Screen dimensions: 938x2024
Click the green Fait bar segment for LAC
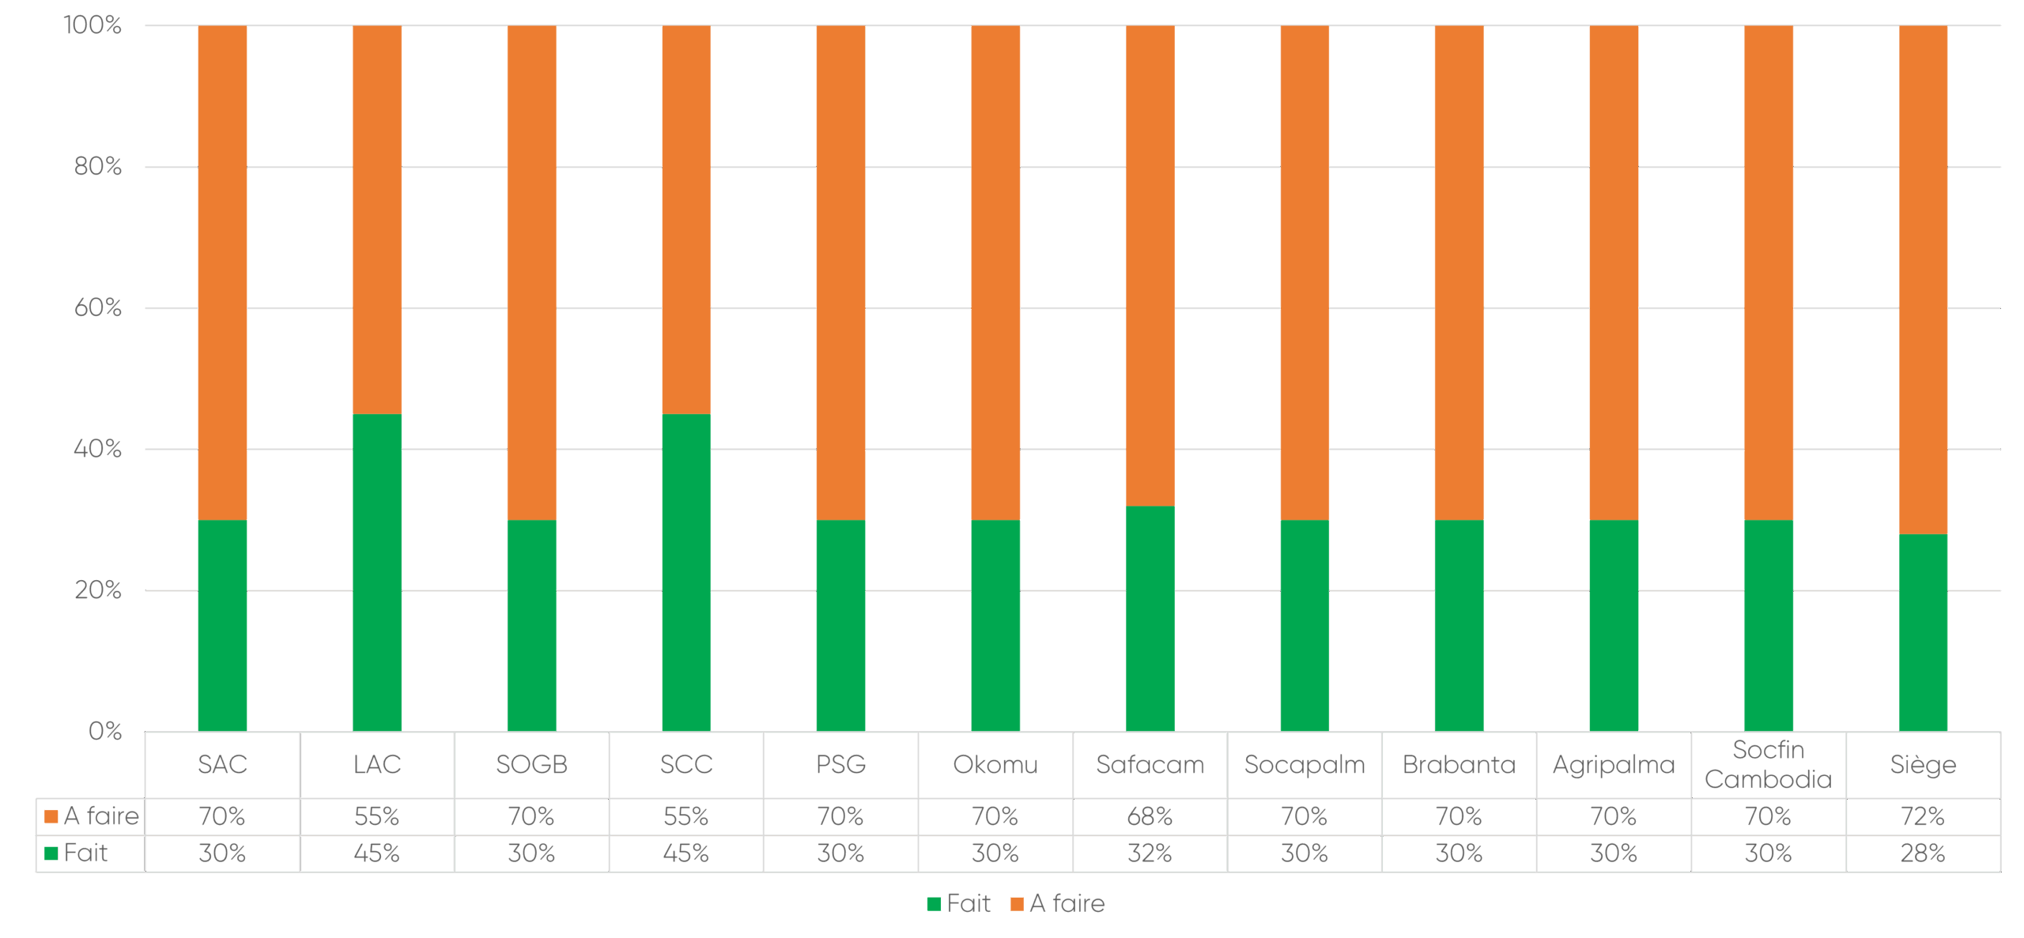377,572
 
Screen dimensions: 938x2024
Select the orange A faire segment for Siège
1923,280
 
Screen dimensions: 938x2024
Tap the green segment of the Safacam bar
1150,618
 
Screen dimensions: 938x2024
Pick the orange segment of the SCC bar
685,220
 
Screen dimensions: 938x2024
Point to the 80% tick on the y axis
98,167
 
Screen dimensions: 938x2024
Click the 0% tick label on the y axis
105,731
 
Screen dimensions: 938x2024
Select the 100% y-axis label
93,25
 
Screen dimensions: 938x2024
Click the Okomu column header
995,765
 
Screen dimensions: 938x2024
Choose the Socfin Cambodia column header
1768,765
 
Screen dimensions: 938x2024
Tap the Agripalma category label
1614,765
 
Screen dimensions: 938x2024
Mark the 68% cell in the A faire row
1150,816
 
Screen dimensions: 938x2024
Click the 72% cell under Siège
1923,816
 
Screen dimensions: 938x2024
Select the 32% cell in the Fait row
1150,853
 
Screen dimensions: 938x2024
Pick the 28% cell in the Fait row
1923,853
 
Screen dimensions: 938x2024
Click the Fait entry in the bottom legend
958,903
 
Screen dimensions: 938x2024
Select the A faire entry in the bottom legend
1058,903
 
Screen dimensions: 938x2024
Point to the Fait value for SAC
222,853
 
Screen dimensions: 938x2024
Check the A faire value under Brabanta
1459,816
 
